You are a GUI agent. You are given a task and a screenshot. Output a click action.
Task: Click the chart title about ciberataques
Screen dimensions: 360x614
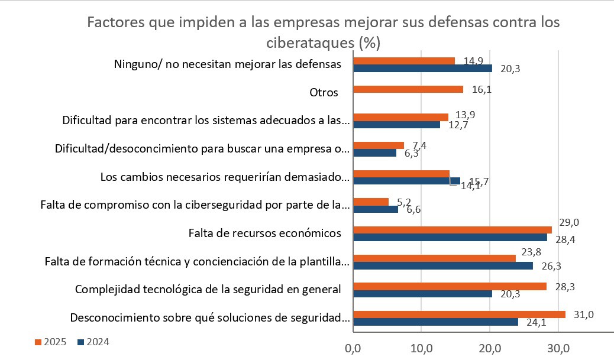point(323,33)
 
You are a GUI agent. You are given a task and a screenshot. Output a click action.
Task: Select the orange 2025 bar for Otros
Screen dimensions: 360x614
point(408,89)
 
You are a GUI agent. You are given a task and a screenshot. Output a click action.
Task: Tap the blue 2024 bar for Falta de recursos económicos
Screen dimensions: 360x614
point(450,238)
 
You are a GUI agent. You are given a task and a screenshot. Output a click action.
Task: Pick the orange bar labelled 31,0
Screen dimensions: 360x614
point(459,314)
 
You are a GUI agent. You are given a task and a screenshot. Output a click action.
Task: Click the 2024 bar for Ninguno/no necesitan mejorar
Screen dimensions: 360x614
point(422,68)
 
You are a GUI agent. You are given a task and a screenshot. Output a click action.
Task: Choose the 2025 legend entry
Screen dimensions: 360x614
point(51,342)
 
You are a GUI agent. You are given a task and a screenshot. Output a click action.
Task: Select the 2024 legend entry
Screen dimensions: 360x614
point(94,342)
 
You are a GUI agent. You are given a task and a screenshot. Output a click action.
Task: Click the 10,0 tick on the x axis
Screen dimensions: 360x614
point(421,348)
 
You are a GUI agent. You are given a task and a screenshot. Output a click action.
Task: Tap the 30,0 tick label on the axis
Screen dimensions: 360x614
point(558,348)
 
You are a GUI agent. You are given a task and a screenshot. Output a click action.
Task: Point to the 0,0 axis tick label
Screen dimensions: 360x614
point(353,348)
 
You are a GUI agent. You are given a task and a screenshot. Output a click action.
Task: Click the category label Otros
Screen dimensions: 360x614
point(324,93)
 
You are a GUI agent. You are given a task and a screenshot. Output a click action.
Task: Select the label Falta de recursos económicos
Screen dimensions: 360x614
point(260,232)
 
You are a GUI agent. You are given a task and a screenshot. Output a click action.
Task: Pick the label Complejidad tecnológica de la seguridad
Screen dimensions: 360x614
point(208,289)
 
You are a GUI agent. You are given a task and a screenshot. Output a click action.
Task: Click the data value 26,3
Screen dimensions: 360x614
point(551,265)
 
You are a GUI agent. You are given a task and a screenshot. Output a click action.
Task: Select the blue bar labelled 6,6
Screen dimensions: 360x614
point(376,208)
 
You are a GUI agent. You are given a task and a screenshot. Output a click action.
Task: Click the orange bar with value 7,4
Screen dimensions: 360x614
point(379,145)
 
